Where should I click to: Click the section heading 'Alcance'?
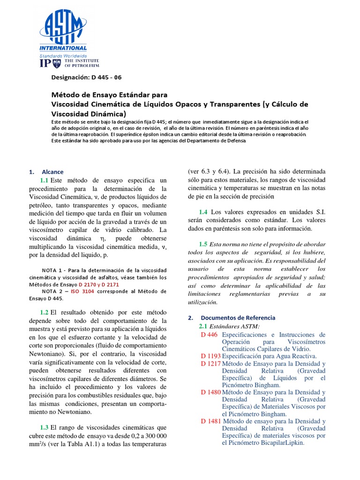[52, 172]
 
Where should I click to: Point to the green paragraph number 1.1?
[45, 180]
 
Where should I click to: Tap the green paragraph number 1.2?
[45, 312]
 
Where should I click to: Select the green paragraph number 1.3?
[45, 427]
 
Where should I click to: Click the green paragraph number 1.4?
[203, 212]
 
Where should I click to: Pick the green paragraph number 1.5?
[203, 244]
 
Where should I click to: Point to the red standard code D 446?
[209, 335]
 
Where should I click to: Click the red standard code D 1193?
[210, 356]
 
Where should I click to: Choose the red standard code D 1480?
[210, 392]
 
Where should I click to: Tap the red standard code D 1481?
[210, 421]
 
